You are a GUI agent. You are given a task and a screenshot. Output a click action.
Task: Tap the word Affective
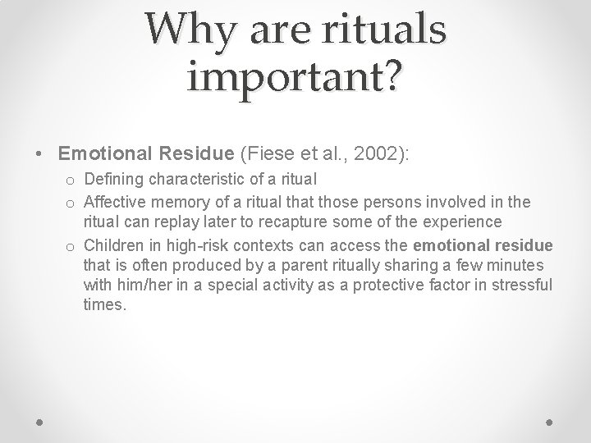[x=116, y=202]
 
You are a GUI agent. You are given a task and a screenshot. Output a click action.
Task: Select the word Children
[x=114, y=246]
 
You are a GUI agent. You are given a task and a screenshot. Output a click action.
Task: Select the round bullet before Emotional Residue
[x=39, y=153]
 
